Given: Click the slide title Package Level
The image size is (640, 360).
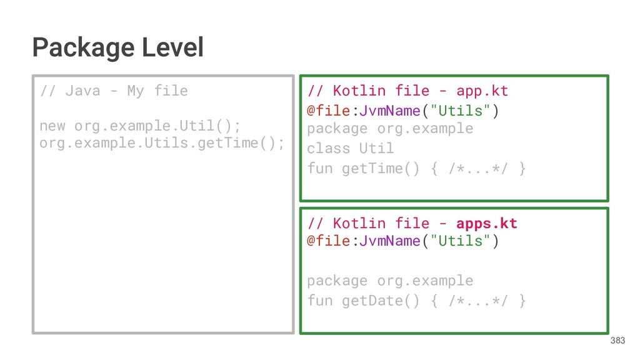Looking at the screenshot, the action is coord(117,47).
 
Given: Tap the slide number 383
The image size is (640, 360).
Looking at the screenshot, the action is coord(617,341).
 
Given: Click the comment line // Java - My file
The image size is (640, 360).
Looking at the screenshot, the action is coord(113,91).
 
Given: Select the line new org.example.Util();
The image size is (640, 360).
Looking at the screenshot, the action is coord(140,126).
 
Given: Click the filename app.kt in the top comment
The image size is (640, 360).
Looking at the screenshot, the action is coord(482,91).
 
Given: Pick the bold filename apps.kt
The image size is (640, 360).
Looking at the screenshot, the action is coord(486,224).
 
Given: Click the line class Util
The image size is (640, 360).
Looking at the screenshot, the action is coord(350,149).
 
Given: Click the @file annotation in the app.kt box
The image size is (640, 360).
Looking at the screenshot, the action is coord(328,111).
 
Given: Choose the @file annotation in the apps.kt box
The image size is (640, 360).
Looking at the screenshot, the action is coord(328,241).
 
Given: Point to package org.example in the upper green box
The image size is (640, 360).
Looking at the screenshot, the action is coord(390,129).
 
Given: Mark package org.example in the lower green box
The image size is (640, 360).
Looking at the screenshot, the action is coord(390,281).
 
